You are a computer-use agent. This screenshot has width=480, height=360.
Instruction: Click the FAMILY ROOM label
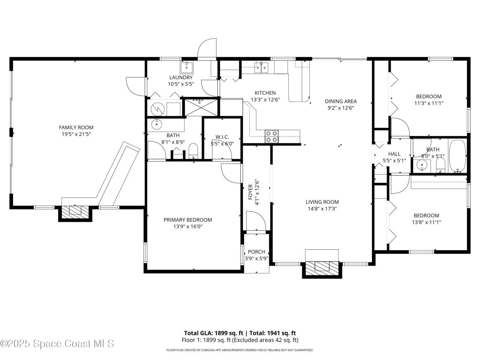(x=76, y=127)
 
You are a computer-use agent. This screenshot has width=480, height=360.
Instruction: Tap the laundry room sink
(x=186, y=67)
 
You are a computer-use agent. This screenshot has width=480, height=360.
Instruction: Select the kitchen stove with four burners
(x=271, y=136)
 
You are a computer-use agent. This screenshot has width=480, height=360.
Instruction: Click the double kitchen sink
(x=261, y=67)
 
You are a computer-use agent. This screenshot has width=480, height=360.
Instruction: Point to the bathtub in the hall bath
(x=457, y=156)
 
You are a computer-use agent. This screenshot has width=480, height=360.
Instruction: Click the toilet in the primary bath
(x=193, y=151)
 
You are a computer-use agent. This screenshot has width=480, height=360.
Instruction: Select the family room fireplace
(x=75, y=211)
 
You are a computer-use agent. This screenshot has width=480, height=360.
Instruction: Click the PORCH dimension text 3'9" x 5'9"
(x=256, y=259)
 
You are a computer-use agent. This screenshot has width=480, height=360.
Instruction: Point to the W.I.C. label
(x=222, y=137)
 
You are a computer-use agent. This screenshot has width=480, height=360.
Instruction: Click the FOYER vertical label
(x=250, y=192)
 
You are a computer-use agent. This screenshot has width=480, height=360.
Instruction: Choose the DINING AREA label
(x=341, y=101)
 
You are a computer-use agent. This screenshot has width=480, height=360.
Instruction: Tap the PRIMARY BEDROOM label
(x=187, y=220)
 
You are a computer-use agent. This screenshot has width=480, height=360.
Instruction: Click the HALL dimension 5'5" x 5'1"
(x=394, y=160)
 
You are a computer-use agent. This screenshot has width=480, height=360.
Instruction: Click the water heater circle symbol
(x=157, y=109)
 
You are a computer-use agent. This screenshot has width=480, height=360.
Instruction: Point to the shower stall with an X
(x=201, y=107)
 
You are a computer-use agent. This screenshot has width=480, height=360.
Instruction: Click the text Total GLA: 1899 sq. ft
(x=214, y=333)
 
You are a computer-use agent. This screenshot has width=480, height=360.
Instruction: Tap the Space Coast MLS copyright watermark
(x=57, y=343)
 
